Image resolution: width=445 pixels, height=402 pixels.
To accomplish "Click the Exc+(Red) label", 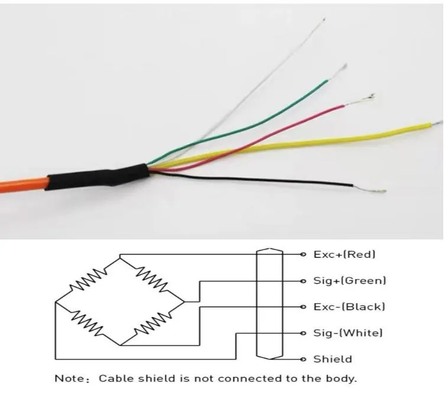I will (344, 254).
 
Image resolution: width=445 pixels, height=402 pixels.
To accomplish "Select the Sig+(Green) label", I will (349, 280).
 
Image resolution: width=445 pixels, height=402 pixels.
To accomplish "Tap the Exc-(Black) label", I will (349, 307).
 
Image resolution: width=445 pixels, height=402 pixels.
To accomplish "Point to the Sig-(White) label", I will (347, 333).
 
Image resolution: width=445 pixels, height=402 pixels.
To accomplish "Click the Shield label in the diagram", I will (332, 359).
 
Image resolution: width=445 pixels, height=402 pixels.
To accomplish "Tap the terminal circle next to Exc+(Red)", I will (303, 254).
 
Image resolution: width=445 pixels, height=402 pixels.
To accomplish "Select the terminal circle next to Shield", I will (303, 359).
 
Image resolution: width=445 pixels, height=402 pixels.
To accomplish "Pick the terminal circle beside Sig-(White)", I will (303, 333).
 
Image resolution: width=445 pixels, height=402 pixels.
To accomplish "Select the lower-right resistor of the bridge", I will (152, 324).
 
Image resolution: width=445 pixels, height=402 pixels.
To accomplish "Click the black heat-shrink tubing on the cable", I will (98, 177).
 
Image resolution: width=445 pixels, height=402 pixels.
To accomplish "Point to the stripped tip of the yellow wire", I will (436, 122).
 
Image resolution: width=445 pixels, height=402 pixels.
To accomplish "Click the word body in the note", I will (343, 378).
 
